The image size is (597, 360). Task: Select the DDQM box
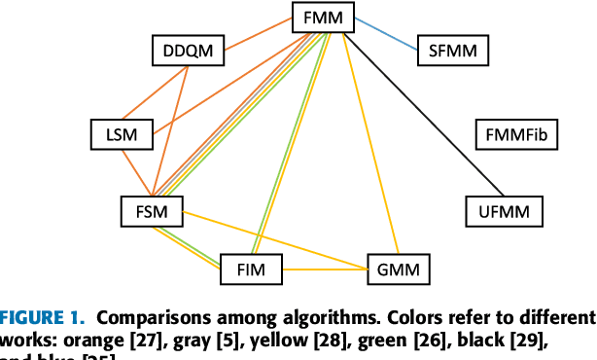pos(189,47)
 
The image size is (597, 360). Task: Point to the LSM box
pos(122,134)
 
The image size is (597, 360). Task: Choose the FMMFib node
pos(516,134)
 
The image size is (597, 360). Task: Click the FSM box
pos(151,209)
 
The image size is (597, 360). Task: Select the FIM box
pos(251,269)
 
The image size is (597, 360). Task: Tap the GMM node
pos(398,269)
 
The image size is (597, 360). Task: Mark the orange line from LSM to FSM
pos(136,172)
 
